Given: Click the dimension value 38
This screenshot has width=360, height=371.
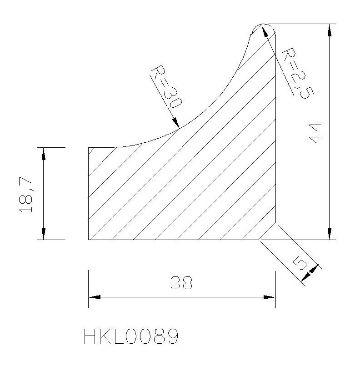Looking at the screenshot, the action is tap(181, 283).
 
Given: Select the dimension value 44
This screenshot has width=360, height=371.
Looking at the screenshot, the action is tap(315, 133).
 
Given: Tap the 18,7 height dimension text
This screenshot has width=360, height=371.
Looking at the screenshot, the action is tap(26, 194).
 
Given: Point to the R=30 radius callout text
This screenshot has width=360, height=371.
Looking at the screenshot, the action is tap(166, 86).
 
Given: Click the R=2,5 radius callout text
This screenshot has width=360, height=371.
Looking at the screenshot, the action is tap(298, 73).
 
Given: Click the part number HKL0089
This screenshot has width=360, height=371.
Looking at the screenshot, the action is tap(131, 336).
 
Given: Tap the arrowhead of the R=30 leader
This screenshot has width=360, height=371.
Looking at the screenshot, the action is tap(176, 123).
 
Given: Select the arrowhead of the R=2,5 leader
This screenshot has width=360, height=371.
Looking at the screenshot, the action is tap(265, 30).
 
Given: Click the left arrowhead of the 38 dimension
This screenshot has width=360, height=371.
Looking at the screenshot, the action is tap(95, 297).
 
